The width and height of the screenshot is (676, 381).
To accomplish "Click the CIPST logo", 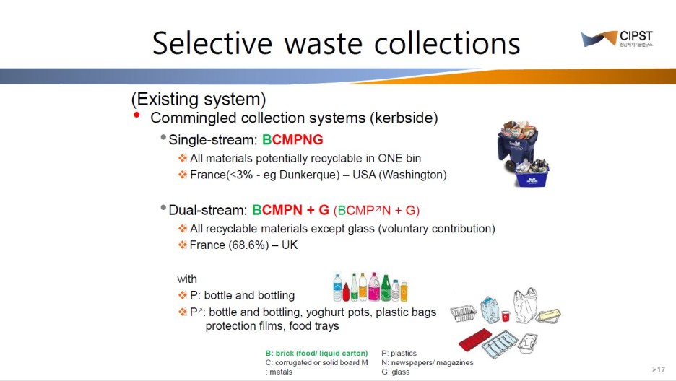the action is pos(617,39).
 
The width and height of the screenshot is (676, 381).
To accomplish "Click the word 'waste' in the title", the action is pos(324,43).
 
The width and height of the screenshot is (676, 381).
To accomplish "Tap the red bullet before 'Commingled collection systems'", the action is pos(136,115).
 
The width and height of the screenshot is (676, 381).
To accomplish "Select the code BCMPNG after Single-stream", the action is pos(292,139).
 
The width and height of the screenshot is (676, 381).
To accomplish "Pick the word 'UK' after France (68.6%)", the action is pos(290,245).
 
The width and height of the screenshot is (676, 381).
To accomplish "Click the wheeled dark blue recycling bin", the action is pos(516,144).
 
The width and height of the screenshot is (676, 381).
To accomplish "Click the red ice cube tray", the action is pos(475,339).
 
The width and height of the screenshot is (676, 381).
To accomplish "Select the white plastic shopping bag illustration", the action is pos(525,305).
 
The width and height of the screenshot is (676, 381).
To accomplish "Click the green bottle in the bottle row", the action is pos(386,288).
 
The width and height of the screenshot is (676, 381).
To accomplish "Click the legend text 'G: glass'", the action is pos(395,372).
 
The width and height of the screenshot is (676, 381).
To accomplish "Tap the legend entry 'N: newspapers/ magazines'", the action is pos(428,362).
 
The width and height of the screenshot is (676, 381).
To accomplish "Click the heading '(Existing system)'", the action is pos(199,99).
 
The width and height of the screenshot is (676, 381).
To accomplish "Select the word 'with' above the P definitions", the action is pos(186,279).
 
